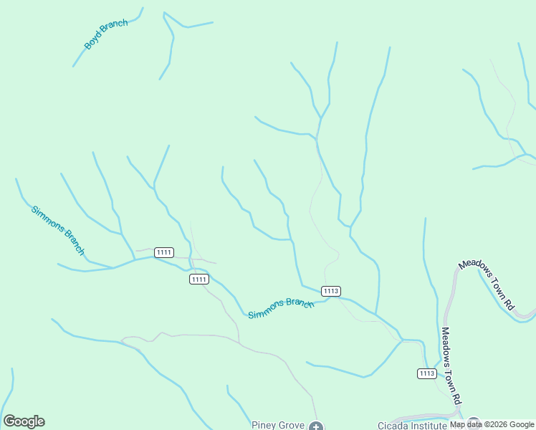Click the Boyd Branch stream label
(106, 34)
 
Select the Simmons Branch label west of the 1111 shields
(58, 230)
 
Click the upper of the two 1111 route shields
(164, 252)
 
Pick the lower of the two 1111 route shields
(199, 279)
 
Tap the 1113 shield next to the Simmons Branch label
(330, 290)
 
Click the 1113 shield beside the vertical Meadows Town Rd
(426, 373)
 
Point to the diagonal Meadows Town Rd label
(487, 284)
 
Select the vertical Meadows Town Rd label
(450, 366)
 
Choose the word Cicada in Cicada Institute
(395, 425)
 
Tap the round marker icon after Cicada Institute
(473, 424)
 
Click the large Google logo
(24, 421)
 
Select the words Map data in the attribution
(466, 424)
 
